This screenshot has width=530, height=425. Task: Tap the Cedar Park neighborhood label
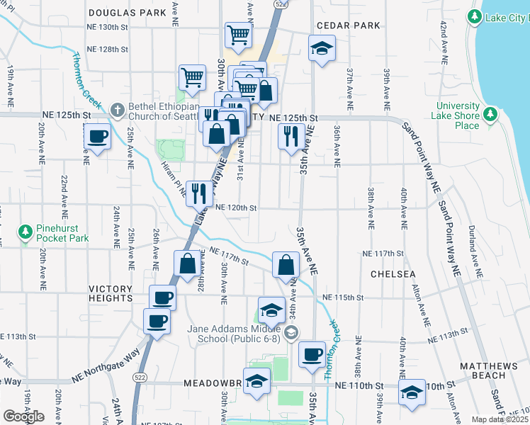click(348, 25)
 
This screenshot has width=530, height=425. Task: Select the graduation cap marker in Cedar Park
click(322, 49)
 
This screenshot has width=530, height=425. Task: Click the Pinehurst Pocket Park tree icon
click(26, 232)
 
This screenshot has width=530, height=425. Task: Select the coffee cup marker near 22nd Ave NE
click(97, 137)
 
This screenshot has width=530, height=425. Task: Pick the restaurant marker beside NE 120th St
click(199, 191)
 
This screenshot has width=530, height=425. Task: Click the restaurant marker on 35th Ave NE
click(291, 136)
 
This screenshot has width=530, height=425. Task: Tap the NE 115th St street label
click(342, 297)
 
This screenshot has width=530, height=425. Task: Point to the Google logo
click(23, 416)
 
